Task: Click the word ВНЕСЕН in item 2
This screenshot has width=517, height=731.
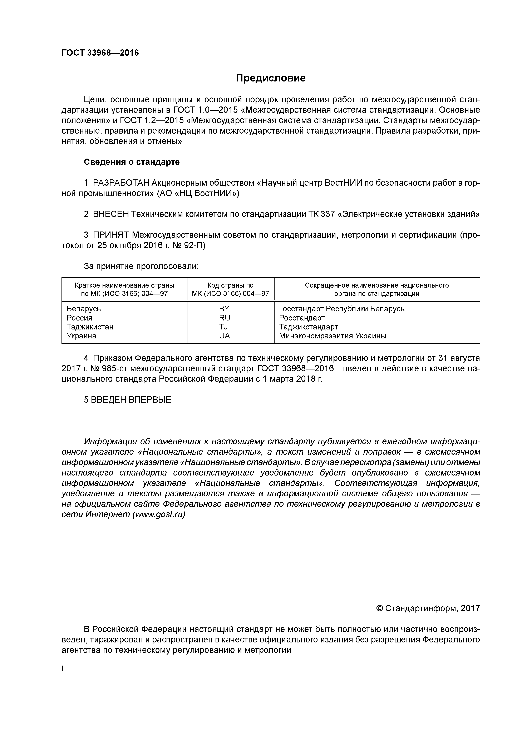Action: click(111, 214)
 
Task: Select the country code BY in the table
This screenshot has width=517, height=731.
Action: click(224, 309)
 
